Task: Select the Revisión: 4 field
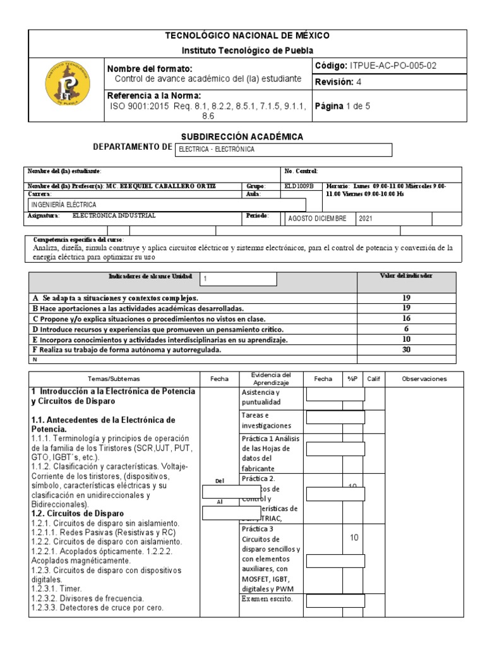(338, 82)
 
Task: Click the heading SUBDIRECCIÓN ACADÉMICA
(242, 136)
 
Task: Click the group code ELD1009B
(299, 186)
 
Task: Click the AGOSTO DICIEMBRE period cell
(317, 218)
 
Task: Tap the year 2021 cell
(369, 218)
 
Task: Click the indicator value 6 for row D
(406, 329)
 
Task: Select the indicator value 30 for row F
(406, 349)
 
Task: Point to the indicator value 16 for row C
(406, 319)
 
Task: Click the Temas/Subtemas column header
(114, 379)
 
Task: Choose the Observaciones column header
(424, 379)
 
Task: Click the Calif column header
(374, 379)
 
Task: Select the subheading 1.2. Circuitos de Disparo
(78, 514)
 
